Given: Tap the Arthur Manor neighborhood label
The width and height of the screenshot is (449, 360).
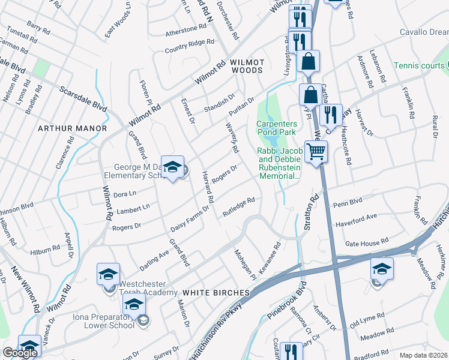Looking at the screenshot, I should tap(72, 128).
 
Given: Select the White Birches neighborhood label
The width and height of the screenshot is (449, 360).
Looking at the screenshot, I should tap(215, 292).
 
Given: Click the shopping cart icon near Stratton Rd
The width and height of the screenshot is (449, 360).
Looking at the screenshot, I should tap(316, 151).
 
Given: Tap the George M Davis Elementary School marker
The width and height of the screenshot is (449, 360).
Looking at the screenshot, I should tap(173, 168).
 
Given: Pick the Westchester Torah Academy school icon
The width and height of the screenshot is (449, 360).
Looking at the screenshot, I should tap(109, 275).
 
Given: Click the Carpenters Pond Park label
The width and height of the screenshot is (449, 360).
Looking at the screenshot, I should tap(277, 127).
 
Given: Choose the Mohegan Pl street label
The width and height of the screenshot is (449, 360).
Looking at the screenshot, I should tap(245, 264).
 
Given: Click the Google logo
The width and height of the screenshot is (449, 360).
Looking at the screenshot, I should tap(20, 353).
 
